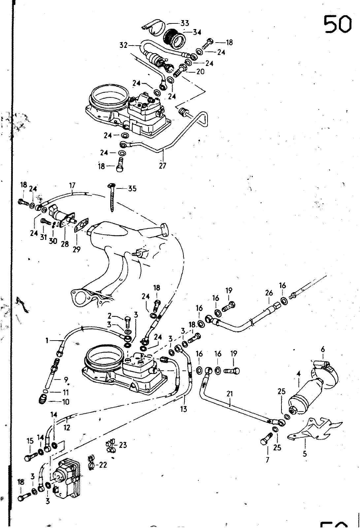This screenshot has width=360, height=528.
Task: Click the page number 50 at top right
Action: click(337, 24)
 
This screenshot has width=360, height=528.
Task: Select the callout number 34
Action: click(197, 32)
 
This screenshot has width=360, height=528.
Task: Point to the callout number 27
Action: click(162, 165)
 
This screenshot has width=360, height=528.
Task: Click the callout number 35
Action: click(132, 189)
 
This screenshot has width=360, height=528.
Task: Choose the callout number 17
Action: click(72, 185)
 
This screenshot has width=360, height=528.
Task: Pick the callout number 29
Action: click(76, 249)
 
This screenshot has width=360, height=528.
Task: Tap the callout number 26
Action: click(269, 293)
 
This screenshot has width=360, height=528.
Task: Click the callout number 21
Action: click(230, 393)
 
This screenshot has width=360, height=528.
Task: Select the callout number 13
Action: click(183, 409)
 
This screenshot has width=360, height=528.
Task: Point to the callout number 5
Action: click(305, 454)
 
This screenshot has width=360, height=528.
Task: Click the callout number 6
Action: click(322, 349)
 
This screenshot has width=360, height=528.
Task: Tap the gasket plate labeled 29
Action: click(82, 225)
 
